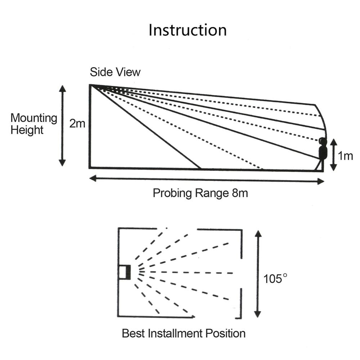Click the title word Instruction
pos(188,30)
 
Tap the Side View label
pos(115,72)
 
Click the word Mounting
pos(34,118)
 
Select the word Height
pos(27,130)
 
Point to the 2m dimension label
pos(77,124)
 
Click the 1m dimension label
pos(346,156)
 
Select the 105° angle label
pos(276,278)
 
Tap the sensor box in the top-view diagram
pos(125,272)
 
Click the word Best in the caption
pos(133,333)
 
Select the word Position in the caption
pos(225,333)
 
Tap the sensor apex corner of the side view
pos(90,85)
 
